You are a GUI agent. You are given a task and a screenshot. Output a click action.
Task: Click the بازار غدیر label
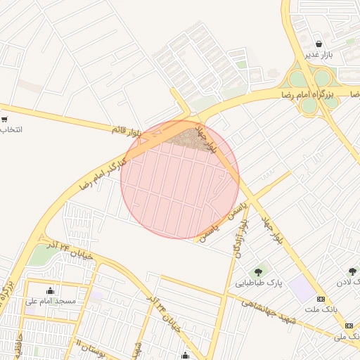pyautogui.click(x=317, y=55)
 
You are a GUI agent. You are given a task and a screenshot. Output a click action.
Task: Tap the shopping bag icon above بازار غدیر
pyautogui.click(x=318, y=44)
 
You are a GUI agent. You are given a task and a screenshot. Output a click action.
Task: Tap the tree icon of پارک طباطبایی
pyautogui.click(x=259, y=271)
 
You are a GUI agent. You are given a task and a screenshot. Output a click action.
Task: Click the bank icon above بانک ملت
pyautogui.click(x=321, y=298)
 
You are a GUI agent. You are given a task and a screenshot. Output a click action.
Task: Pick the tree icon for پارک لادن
pyautogui.click(x=352, y=271)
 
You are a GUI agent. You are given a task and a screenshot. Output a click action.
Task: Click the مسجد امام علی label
pyautogui.click(x=50, y=301)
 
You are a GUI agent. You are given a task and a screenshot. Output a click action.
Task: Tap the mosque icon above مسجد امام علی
pyautogui.click(x=50, y=290)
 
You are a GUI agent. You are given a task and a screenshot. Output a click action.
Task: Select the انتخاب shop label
pyautogui.click(x=10, y=130)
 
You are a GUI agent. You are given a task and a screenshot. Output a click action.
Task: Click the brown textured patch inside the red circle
pyautogui.click(x=190, y=139)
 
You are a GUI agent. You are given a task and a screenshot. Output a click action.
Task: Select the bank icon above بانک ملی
pyautogui.click(x=349, y=326)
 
